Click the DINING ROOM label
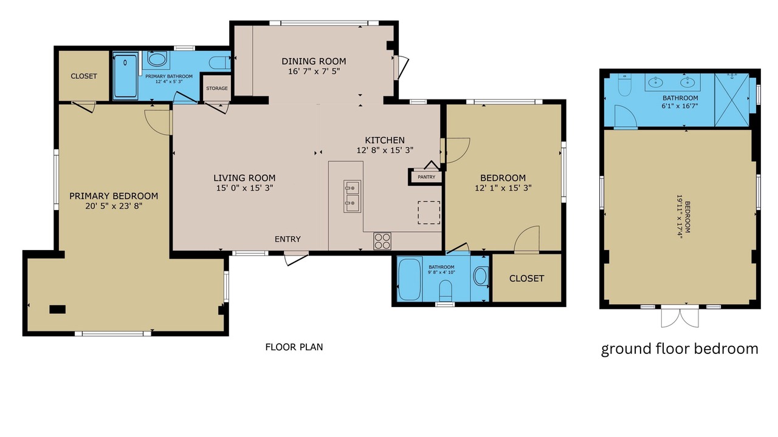314,61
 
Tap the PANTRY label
426,177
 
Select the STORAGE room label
217,89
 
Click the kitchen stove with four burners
382,241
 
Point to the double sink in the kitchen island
352,196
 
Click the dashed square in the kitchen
429,212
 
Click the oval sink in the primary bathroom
157,59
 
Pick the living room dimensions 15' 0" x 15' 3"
244,188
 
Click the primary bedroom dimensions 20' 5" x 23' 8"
114,206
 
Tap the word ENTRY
287,239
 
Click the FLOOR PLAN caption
294,347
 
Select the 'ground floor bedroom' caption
680,348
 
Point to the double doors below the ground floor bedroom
680,317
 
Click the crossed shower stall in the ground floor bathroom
732,100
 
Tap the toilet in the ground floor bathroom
624,86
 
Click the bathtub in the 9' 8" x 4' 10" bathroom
410,280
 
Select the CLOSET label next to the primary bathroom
84,76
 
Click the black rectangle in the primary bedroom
57,310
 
